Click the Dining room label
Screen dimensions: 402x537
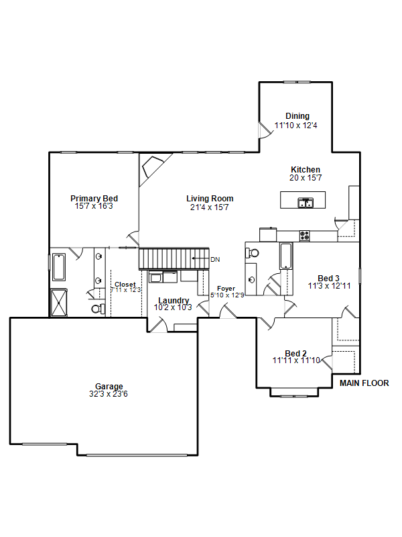[297, 116]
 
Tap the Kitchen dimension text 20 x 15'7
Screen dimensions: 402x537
[306, 178]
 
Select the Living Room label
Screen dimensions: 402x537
[210, 199]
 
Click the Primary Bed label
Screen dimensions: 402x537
[94, 199]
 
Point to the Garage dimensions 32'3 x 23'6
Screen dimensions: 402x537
[109, 394]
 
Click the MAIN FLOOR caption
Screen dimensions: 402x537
[364, 383]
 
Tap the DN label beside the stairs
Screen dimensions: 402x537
[215, 260]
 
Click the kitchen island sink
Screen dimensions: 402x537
[306, 203]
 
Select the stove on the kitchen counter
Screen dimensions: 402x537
[305, 236]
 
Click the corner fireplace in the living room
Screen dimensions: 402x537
[153, 166]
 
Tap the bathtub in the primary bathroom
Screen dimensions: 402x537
[59, 267]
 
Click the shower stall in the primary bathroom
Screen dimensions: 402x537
[59, 303]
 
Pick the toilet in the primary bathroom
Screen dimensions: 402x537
[97, 309]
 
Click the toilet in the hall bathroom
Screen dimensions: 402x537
[253, 253]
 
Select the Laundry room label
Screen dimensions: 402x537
[174, 300]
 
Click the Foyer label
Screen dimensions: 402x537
[226, 289]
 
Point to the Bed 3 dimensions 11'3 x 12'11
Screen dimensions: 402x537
[329, 286]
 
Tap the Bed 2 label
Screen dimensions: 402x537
[295, 353]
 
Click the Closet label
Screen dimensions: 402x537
[125, 285]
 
